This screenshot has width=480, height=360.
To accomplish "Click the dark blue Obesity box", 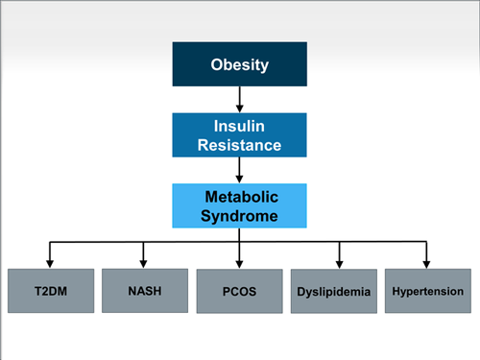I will click(x=239, y=65).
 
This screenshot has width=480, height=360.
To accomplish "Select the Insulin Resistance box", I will click(x=239, y=135).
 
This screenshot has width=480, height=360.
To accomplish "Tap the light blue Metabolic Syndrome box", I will click(x=239, y=205).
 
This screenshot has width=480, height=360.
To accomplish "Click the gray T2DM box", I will click(x=48, y=290).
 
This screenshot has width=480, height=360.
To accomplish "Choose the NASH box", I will click(x=143, y=290).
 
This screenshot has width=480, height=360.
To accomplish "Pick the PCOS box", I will click(x=239, y=292).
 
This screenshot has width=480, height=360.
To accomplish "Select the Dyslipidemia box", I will click(x=338, y=292).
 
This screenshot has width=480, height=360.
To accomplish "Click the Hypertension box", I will click(x=427, y=290).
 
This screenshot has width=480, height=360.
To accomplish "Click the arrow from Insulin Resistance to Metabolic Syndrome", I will click(x=239, y=170).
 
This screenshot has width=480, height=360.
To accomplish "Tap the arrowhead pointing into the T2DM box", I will click(x=48, y=263).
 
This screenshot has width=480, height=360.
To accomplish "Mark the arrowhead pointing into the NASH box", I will click(x=143, y=263).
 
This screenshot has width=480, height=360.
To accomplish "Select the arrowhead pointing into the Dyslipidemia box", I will click(x=338, y=265).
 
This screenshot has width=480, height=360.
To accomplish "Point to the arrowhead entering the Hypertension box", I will click(x=427, y=263).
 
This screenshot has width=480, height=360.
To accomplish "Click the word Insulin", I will click(x=239, y=127).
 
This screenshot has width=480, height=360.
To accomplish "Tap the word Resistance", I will click(x=239, y=146).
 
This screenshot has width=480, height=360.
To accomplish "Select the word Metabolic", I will click(x=239, y=197).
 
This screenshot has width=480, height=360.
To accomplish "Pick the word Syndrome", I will click(x=239, y=216).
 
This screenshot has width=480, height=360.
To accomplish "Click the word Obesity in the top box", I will click(x=239, y=65).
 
